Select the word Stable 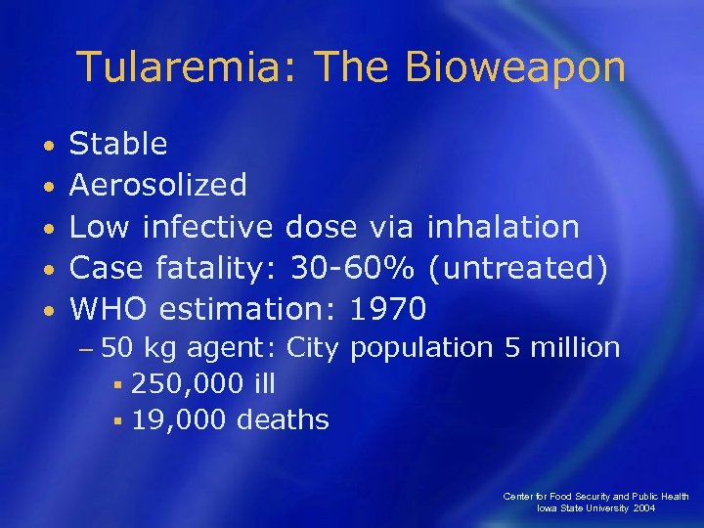coord(118,145)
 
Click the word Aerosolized coord(158,186)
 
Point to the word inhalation coord(503,227)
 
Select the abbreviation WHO coord(109,309)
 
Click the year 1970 coord(388,309)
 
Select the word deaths coord(284,420)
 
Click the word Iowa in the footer coord(548,508)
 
